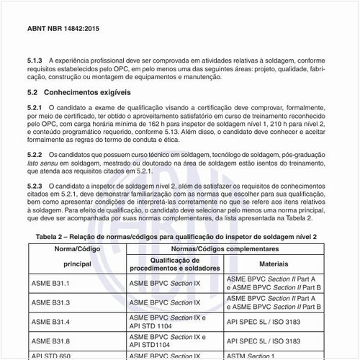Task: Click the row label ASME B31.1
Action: (50, 283)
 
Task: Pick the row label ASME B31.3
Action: (50, 302)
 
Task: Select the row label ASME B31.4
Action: (50, 320)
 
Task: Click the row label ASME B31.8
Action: (50, 339)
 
